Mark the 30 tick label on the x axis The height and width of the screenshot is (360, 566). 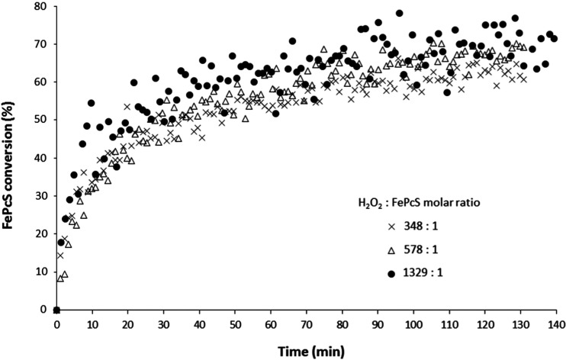click(164, 324)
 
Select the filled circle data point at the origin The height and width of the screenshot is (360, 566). click(56, 310)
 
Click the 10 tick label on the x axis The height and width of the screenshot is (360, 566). click(92, 324)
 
